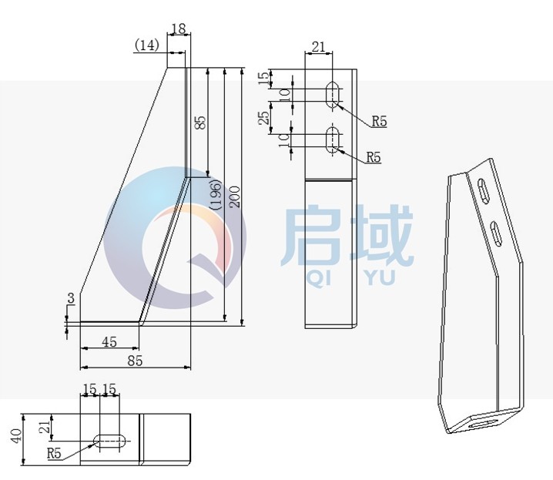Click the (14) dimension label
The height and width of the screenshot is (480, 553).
(x=146, y=45)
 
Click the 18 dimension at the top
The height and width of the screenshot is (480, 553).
(x=178, y=29)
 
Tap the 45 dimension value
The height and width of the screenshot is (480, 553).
(x=109, y=341)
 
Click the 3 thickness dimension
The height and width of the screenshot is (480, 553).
(x=70, y=298)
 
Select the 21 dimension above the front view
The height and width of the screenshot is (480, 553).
(x=317, y=48)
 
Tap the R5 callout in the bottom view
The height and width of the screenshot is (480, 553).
(x=54, y=453)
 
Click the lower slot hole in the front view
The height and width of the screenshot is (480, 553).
(x=333, y=139)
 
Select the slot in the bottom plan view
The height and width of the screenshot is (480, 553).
(x=112, y=441)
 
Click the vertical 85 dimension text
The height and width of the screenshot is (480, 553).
(x=199, y=123)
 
